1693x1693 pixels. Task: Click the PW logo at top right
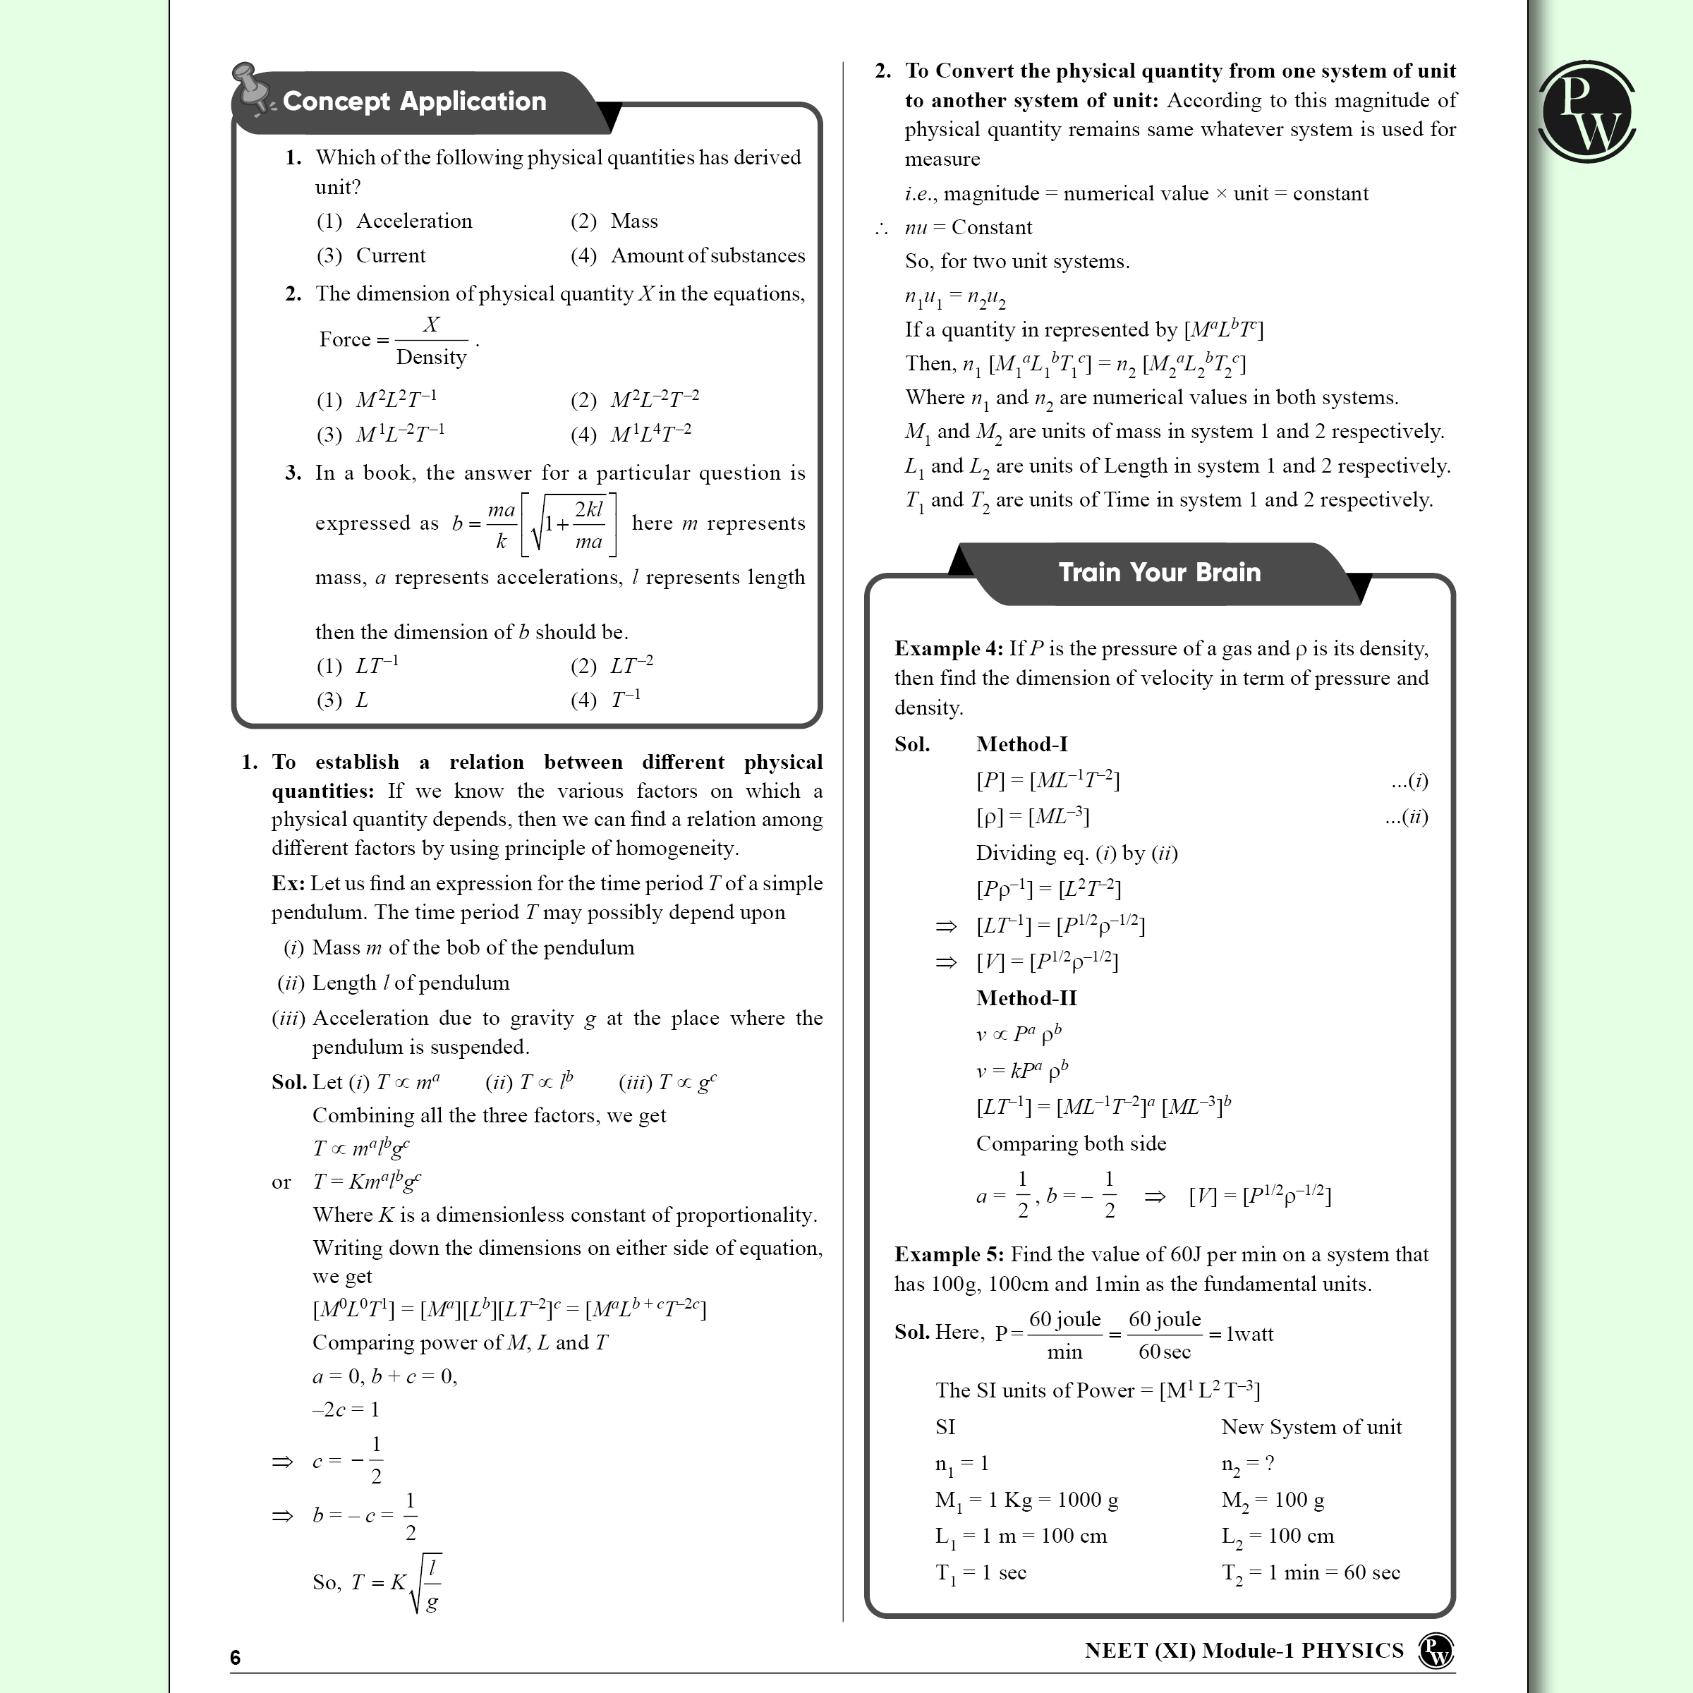pos(1586,111)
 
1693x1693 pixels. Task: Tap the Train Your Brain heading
pos(1158,572)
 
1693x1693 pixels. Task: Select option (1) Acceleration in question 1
pos(394,221)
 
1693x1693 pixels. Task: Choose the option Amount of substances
pos(687,256)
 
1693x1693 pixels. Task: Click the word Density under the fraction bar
pos(431,357)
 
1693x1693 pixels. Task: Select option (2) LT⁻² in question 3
pos(612,666)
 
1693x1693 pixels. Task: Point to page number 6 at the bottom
pos(235,1657)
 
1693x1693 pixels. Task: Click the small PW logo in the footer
pos(1436,1651)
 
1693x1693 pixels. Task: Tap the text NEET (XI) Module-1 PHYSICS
pos(1244,1651)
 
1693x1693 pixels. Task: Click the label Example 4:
pos(948,648)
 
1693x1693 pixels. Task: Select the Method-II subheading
pos(1026,998)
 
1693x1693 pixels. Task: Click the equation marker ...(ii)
pos(1407,817)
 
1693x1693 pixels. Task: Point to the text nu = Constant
pos(969,228)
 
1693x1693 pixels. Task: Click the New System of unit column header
pos(1311,1426)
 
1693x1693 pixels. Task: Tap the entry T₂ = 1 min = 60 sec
pos(1310,1573)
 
